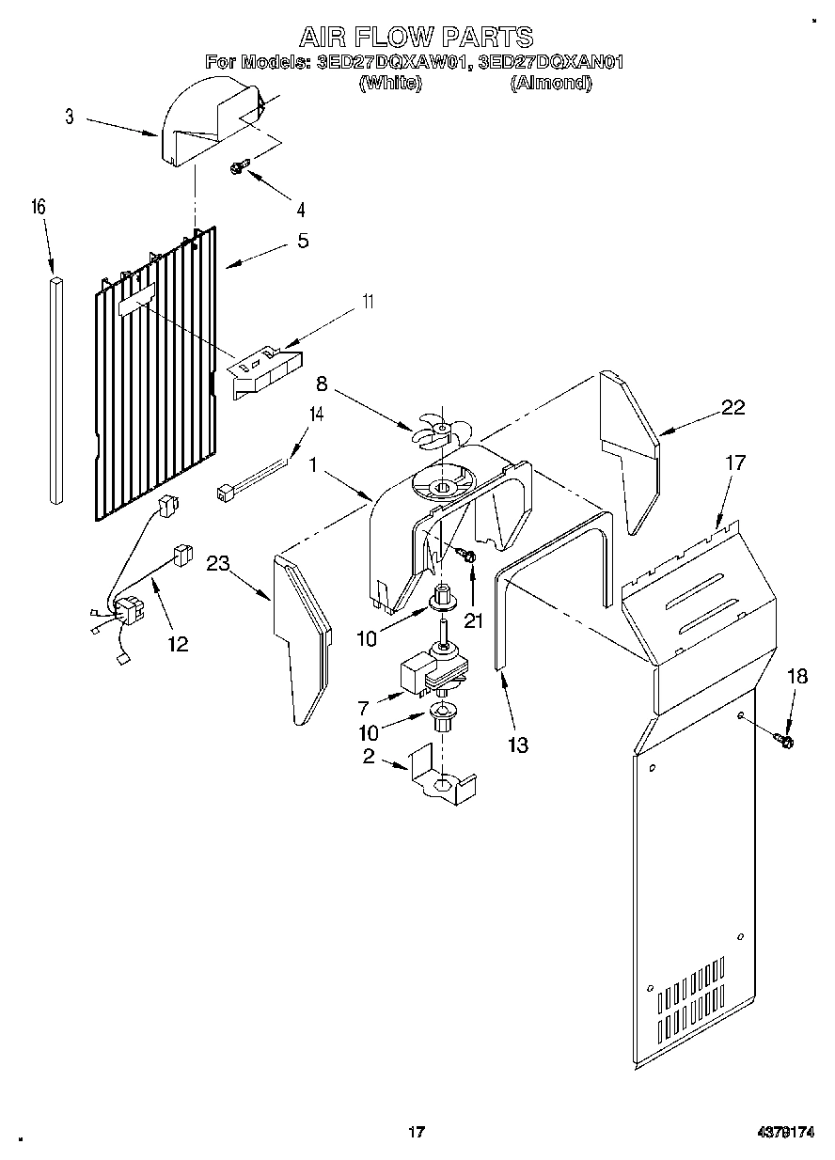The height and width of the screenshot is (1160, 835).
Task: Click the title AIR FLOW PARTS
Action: pos(416,37)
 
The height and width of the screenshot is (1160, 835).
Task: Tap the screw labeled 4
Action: pos(239,168)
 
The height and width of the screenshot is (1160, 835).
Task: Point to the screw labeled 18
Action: pos(784,742)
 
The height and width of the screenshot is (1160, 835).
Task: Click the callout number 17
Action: pos(734,463)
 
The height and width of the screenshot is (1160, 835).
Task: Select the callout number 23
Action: pos(218,564)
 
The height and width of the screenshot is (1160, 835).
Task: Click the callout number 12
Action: pos(177,644)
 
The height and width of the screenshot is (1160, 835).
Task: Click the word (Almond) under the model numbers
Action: pos(550,83)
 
